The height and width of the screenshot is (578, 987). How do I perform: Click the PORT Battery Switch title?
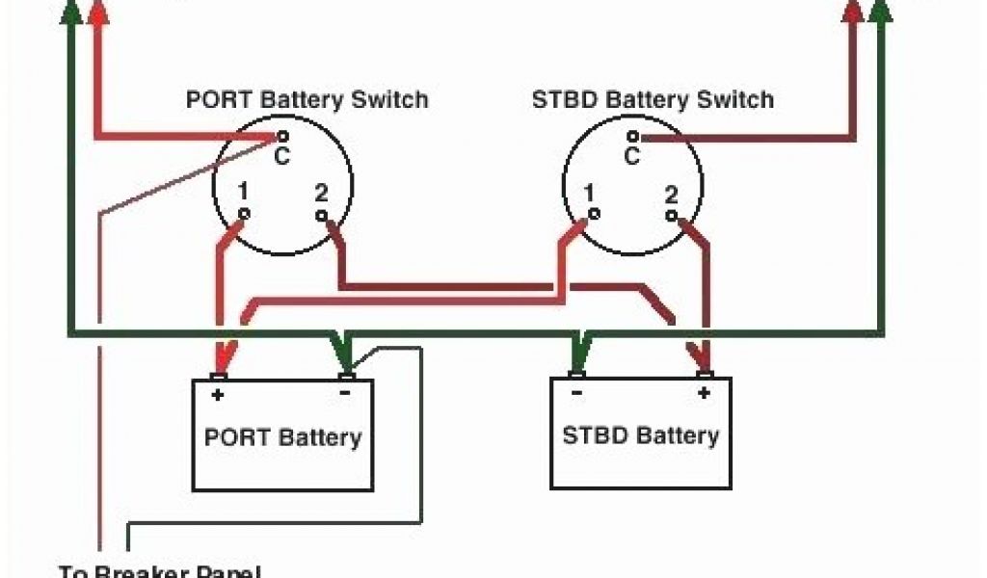[307, 99]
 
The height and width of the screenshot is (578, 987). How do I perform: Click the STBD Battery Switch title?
[653, 99]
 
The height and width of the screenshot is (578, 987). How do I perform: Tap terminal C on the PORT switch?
[282, 138]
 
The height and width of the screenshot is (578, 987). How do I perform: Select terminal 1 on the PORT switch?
[244, 212]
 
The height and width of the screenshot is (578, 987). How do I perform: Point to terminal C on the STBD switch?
[632, 138]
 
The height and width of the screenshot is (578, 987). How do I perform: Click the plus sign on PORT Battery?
[218, 394]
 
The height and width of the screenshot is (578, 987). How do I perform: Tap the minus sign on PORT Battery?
[344, 393]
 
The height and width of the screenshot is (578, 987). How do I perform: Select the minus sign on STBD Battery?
[575, 392]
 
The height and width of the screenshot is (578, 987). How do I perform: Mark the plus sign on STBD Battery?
[704, 392]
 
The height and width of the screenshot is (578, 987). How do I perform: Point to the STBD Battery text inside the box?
[641, 434]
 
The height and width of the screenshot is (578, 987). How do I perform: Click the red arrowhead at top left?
[97, 11]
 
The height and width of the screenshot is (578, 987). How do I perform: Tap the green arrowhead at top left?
[69, 11]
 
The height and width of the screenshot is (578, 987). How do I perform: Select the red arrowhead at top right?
[852, 11]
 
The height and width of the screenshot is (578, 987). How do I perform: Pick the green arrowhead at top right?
[880, 11]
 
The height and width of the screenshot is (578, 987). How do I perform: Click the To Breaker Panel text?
[159, 570]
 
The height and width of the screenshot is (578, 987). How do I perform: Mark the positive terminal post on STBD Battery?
[704, 374]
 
